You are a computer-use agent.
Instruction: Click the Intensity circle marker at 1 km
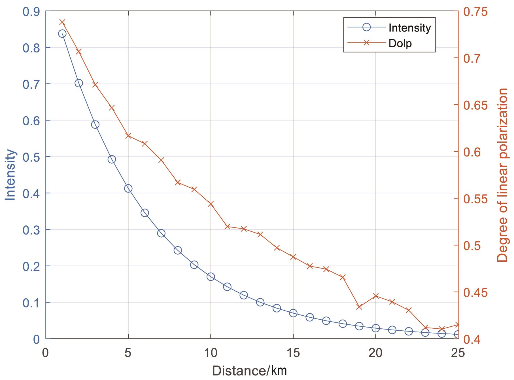(62, 34)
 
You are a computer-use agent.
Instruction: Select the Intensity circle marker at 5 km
(128, 188)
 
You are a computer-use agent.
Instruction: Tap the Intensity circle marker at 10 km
(211, 277)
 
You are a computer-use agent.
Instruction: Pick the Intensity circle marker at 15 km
(293, 313)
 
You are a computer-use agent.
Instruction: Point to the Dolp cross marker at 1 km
(62, 22)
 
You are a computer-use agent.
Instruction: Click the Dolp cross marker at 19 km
(359, 307)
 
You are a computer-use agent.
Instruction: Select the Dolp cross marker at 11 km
(227, 226)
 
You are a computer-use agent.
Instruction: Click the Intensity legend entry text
(410, 28)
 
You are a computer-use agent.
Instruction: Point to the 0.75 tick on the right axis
(474, 12)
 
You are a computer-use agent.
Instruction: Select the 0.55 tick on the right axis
(474, 199)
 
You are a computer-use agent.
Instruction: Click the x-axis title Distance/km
(249, 371)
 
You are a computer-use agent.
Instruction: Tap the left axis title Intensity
(11, 175)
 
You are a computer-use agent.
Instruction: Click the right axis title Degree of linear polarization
(503, 175)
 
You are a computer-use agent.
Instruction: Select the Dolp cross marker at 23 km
(425, 327)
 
